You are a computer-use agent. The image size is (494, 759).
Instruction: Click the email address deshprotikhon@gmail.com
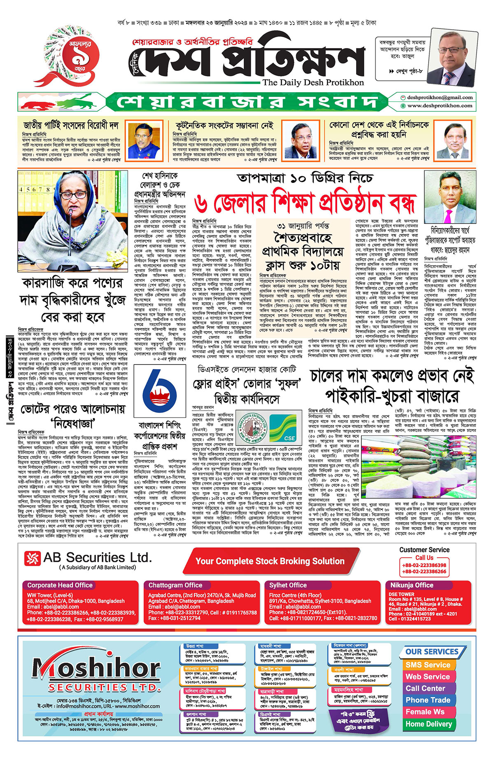click(439, 98)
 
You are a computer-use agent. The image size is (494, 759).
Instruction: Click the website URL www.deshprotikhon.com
click(440, 105)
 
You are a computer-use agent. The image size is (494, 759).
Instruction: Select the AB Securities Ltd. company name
click(98, 558)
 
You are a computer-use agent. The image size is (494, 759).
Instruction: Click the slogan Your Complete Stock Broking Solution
click(270, 561)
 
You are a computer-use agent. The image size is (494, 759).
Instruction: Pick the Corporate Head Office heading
click(60, 585)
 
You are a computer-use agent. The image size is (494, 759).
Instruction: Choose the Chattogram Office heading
click(175, 585)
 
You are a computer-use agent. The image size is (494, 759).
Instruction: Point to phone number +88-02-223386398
click(424, 565)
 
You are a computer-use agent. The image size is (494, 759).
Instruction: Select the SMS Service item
click(428, 665)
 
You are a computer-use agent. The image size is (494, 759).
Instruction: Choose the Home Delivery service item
click(429, 724)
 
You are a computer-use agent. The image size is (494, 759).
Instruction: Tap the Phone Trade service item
click(428, 700)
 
